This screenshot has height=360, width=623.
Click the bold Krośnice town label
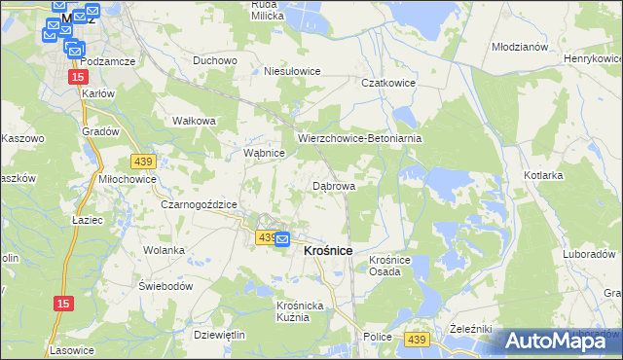[x=328, y=250]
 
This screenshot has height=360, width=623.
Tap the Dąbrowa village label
[x=333, y=185]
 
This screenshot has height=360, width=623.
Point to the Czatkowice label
[x=388, y=84]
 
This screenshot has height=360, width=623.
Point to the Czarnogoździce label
[x=200, y=204]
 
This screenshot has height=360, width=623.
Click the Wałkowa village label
[x=193, y=121]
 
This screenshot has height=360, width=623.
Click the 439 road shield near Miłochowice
[x=142, y=161]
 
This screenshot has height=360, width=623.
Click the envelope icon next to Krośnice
[x=281, y=239]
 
